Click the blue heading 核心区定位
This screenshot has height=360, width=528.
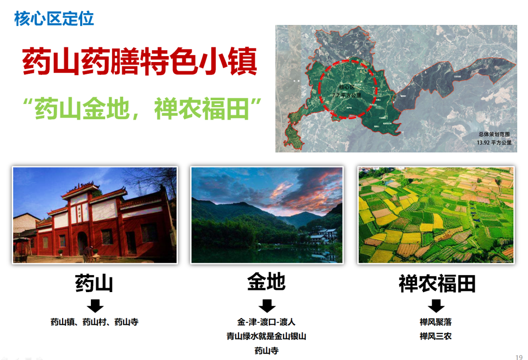54,19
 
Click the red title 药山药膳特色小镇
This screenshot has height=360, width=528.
139,61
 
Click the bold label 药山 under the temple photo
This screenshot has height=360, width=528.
94,283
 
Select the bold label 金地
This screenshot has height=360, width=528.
266,282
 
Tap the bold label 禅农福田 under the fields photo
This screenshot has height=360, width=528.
437,283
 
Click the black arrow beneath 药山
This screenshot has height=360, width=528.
95,306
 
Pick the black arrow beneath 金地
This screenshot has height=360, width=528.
267,306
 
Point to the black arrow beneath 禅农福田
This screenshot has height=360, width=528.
436,306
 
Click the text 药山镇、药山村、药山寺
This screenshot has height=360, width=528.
94,322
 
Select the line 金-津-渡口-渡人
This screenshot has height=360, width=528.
266,322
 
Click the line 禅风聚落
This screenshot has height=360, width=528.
436,322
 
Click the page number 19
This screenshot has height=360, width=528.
519,356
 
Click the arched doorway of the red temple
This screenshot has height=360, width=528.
83,242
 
